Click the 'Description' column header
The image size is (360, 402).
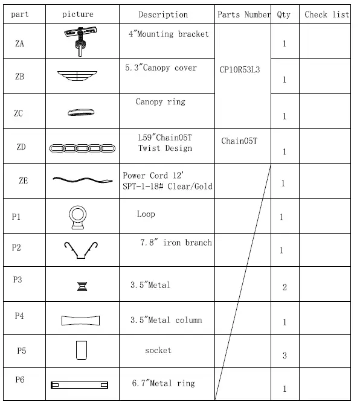(x=163, y=14)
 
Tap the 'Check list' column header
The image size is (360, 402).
(x=327, y=14)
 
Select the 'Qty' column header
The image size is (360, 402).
(x=284, y=14)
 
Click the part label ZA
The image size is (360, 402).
(x=20, y=43)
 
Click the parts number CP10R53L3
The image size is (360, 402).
(x=240, y=70)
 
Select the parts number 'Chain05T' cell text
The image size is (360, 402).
(x=239, y=141)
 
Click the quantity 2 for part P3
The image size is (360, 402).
(x=284, y=287)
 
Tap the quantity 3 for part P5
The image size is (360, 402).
(x=284, y=356)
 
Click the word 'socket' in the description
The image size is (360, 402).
(x=158, y=350)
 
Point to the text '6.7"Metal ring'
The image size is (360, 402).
(x=163, y=383)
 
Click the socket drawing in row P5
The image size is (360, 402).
(x=82, y=350)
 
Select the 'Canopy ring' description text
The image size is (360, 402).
(x=160, y=102)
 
